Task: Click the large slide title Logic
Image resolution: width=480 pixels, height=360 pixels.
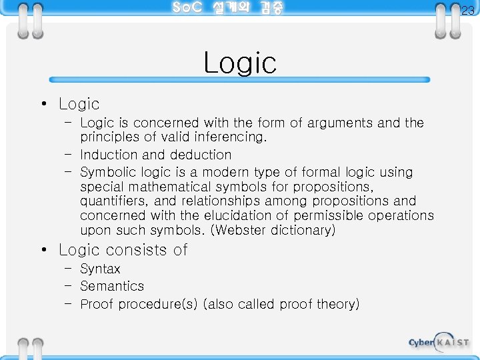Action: [x=240, y=63]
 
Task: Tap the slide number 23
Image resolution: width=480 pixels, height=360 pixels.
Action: [x=468, y=11]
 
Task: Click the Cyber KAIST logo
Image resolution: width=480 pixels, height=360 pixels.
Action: [x=439, y=342]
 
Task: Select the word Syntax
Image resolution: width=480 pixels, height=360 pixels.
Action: [x=100, y=269]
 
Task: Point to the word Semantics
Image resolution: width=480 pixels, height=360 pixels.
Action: [x=112, y=286]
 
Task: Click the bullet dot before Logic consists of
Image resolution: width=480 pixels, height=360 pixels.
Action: [x=43, y=251]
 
